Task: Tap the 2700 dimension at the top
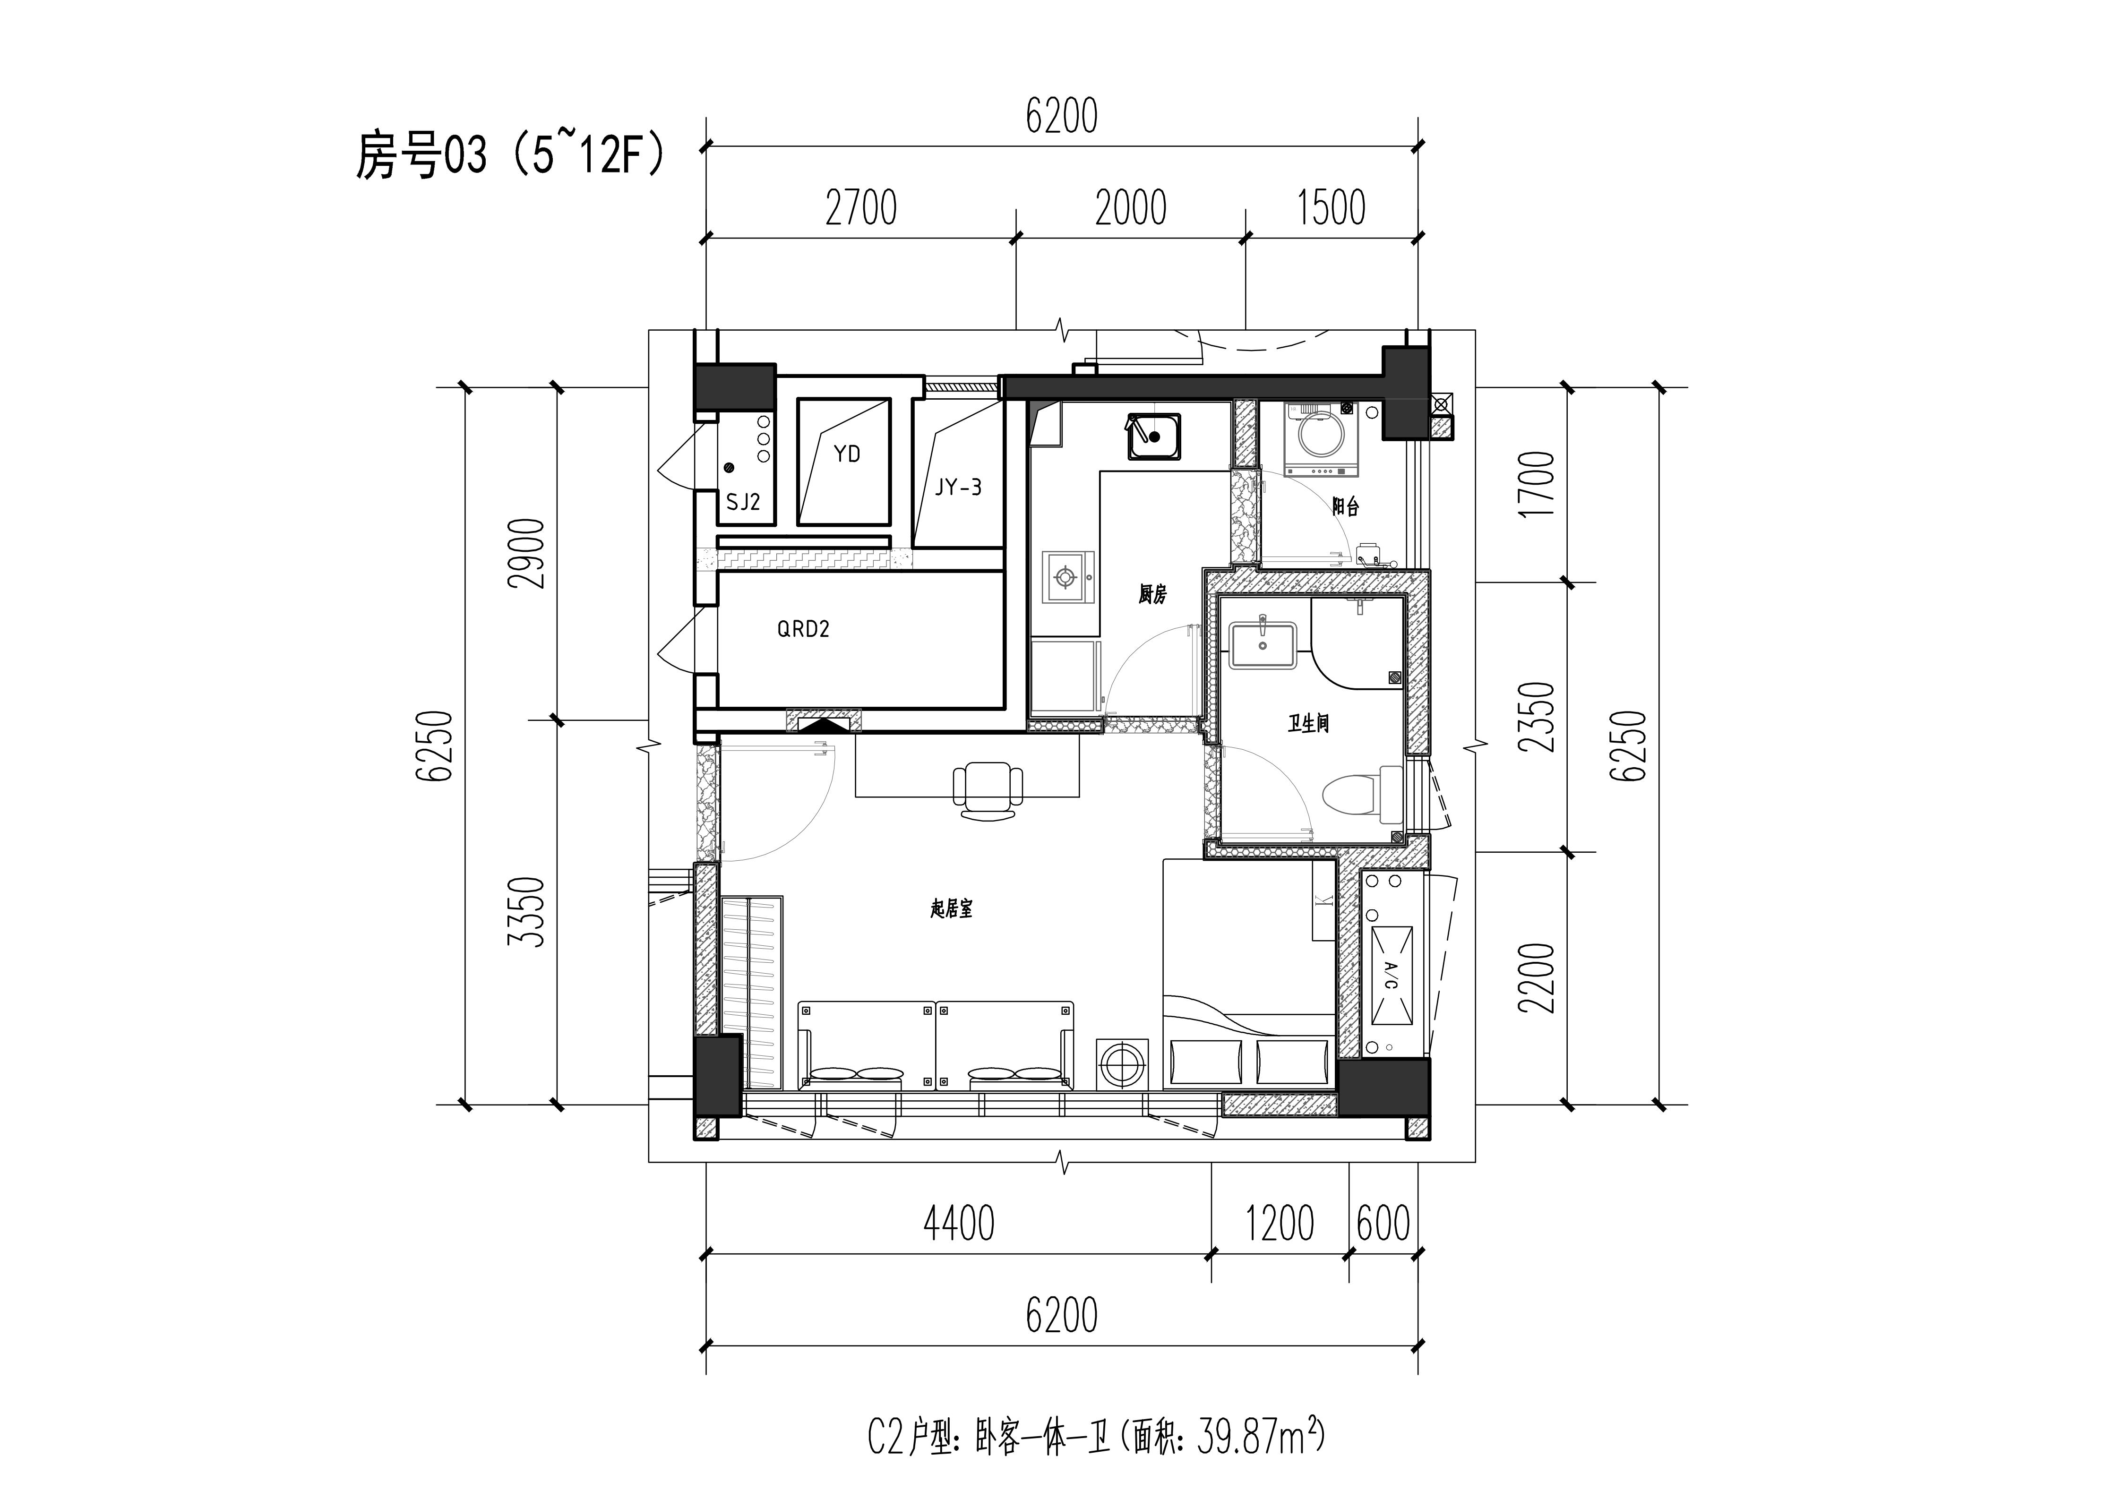[x=861, y=208]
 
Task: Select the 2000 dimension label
[x=1131, y=208]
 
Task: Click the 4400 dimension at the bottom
[x=959, y=1224]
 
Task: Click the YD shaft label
[x=847, y=454]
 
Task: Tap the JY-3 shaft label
[x=957, y=487]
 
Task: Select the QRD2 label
[x=803, y=629]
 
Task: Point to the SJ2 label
[x=743, y=502]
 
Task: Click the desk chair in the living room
[x=988, y=791]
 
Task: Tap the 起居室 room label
[x=951, y=909]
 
